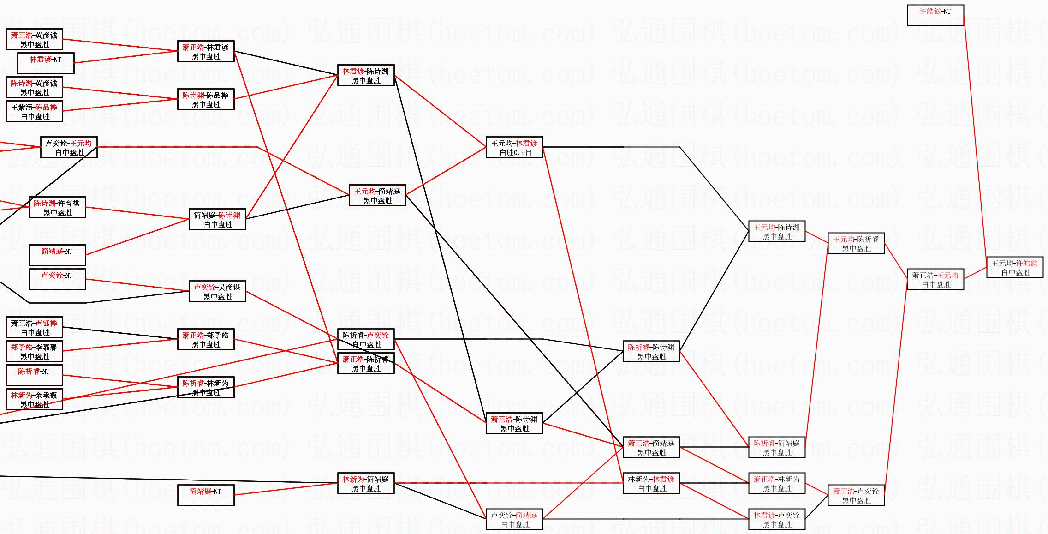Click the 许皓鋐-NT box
935,15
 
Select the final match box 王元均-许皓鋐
1014,268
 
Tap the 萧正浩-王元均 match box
935,279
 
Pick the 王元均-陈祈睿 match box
856,243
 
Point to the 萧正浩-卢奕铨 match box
856,495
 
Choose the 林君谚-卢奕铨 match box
776,519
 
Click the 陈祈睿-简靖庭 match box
776,447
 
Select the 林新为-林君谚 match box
651,483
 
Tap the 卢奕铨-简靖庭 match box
514,519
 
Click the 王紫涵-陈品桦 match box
34,111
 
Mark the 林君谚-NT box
45,63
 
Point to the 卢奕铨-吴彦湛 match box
217,291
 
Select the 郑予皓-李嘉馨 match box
34,351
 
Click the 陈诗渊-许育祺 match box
57,207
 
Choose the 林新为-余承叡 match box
34,399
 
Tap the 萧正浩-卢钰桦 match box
34,327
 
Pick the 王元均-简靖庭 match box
377,195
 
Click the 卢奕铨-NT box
57,279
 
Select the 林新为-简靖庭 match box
365,483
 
